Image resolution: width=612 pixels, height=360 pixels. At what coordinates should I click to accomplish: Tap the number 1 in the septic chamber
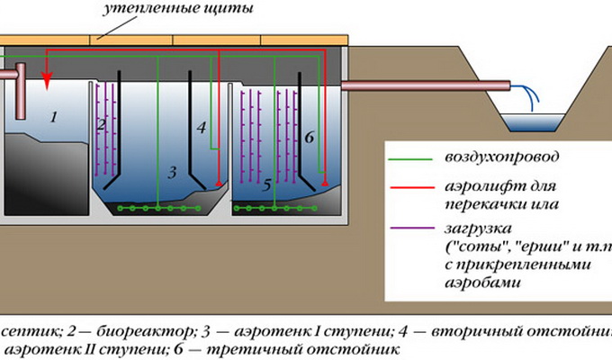pos(53,116)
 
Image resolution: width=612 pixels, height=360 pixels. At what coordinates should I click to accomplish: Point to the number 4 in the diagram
pos(202,128)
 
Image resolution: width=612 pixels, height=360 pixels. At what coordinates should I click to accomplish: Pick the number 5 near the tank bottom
pos(266,187)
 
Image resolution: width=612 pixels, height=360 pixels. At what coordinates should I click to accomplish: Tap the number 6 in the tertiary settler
pos(308,138)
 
